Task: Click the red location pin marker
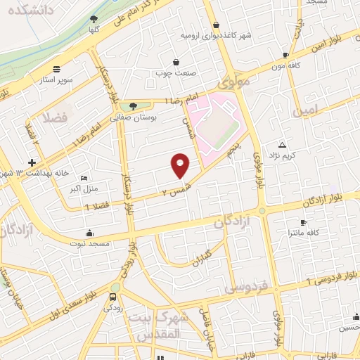181,165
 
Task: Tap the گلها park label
95,30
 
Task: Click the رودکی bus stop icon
114,297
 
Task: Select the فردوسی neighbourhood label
245,287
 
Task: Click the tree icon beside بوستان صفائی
132,106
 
